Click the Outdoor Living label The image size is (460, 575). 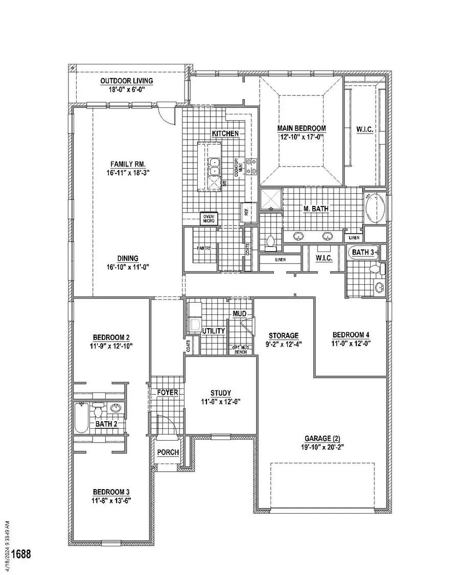click(126, 81)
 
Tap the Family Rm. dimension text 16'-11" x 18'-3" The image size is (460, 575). click(128, 173)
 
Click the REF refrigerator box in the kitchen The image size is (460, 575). click(246, 211)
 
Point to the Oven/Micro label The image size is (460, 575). click(209, 218)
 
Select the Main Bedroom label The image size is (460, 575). click(302, 128)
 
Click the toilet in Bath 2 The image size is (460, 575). click(99, 409)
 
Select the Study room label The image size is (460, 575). click(221, 393)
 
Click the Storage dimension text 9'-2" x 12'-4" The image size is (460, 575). click(284, 343)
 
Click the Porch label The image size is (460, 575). click(168, 452)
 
